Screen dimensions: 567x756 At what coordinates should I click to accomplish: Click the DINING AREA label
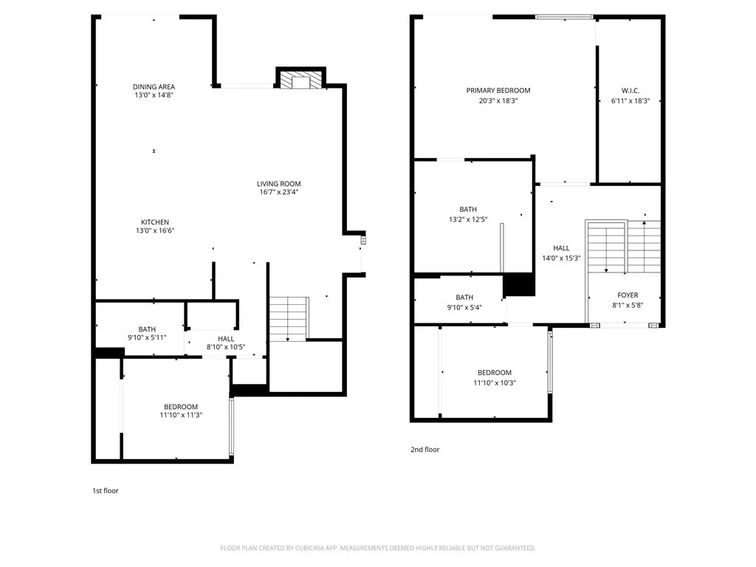click(154, 86)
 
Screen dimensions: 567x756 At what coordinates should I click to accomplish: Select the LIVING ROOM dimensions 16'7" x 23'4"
click(278, 193)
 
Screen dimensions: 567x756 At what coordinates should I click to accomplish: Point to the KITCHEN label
click(155, 222)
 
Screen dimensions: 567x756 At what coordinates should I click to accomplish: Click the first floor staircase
click(288, 318)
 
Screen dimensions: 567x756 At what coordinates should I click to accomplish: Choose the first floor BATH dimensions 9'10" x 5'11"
click(147, 337)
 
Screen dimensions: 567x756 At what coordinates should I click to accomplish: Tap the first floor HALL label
click(205, 338)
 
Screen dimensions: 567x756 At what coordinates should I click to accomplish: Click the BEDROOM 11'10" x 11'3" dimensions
click(181, 416)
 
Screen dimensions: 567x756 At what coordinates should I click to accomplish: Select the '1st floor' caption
click(105, 490)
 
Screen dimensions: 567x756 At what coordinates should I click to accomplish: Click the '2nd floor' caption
click(425, 449)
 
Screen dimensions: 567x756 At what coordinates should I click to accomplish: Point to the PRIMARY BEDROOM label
click(498, 91)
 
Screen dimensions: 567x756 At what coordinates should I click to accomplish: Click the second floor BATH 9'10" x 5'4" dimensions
click(464, 307)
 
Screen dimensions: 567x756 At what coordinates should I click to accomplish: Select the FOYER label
click(628, 295)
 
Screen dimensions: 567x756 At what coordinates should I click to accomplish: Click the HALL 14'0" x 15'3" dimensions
click(561, 258)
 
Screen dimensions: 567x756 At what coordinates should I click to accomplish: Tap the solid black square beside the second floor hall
click(518, 284)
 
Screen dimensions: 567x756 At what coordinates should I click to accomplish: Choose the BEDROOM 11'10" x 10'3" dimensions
click(494, 383)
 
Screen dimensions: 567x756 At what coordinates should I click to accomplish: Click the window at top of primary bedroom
click(564, 16)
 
